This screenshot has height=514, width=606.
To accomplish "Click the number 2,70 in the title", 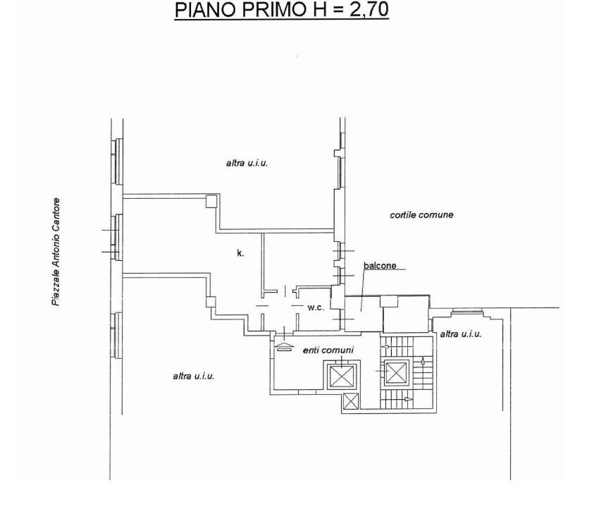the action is tap(369, 10).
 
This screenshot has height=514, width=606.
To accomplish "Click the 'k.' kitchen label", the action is tap(240, 253).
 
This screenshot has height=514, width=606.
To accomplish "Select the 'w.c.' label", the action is tap(316, 308).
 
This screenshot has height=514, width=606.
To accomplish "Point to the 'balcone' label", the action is tap(380, 266).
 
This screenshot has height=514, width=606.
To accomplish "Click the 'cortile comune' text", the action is tap(421, 214).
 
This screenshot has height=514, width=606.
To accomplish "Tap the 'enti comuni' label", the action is tap(328, 350).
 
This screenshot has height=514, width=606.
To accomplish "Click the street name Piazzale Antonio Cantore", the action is tap(56, 252).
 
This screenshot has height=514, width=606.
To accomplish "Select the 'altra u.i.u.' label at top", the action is tap(247, 163).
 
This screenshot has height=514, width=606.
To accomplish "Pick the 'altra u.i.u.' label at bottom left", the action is tap(194, 376).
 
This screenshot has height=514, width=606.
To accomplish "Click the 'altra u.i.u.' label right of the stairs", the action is tap(461, 334).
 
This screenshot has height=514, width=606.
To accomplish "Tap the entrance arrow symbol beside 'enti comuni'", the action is tap(284, 346).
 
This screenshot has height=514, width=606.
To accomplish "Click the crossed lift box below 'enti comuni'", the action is tap(342, 376).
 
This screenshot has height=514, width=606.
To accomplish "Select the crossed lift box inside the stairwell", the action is tap(396, 373).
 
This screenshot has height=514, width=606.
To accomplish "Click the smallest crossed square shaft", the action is tap(351, 401).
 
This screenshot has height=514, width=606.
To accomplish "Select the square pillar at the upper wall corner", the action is tap(211, 201).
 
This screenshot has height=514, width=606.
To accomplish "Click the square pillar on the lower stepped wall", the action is tap(211, 302).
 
